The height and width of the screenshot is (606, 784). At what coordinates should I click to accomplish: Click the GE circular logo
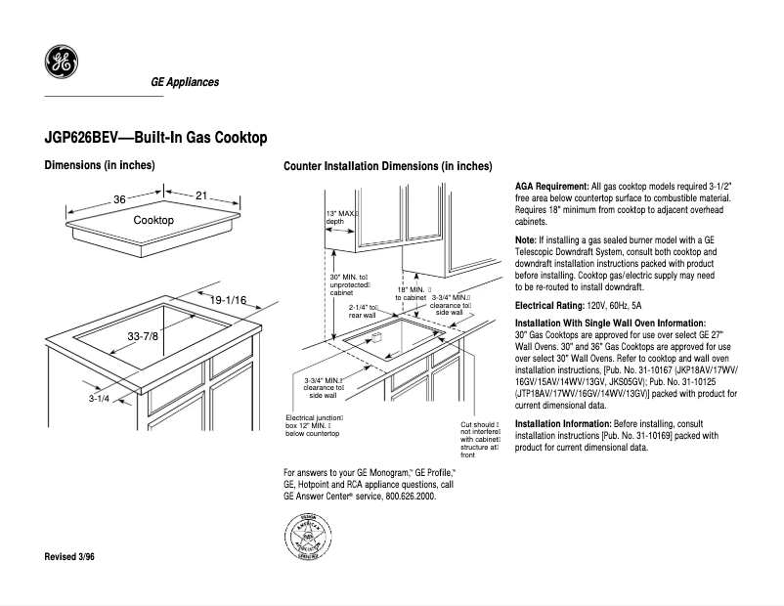coord(62,63)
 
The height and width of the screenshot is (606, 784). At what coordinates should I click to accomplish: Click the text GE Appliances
coord(184,82)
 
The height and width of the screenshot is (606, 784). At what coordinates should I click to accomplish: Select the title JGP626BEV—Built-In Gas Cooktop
coord(155,139)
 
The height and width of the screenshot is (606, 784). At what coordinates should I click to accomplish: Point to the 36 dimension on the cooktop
coord(119,198)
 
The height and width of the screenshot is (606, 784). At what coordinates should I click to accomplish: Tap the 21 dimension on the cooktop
coord(201,196)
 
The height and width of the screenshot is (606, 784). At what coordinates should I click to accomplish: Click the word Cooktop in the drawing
coord(153,221)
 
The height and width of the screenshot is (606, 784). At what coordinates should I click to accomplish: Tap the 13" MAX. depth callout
coord(342,217)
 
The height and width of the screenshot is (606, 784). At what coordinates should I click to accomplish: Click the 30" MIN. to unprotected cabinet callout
coord(349,284)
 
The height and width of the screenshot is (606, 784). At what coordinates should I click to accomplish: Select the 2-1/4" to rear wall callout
coord(364,310)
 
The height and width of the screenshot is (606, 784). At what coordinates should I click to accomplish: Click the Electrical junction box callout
coord(313,424)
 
